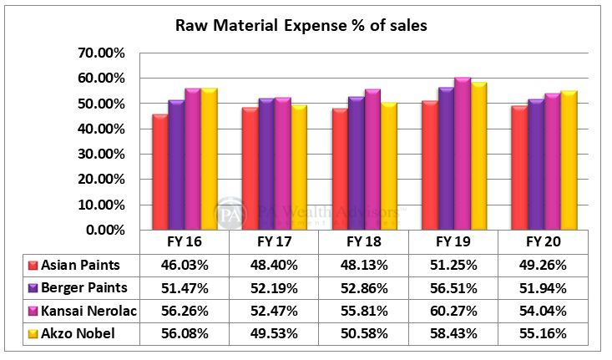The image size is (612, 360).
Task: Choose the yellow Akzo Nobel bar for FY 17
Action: [x=297, y=167]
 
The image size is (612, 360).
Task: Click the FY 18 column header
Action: [x=363, y=241]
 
